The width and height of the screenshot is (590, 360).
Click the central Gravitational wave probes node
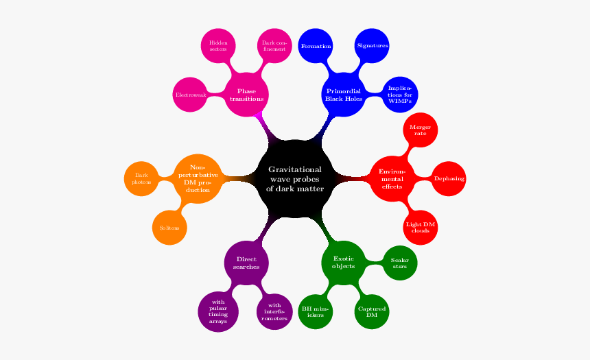(x=295, y=179)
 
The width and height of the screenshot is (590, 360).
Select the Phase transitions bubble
(x=247, y=95)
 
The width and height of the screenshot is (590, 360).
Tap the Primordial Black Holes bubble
(x=343, y=95)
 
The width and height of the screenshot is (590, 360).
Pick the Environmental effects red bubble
(x=392, y=178)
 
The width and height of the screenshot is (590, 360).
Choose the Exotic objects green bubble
(x=343, y=262)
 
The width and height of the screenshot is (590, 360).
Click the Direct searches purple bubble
(x=246, y=262)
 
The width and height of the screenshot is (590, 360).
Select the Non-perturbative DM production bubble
(x=198, y=178)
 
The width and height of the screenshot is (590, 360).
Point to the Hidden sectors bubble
(x=218, y=46)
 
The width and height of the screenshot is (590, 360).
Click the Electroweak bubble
(x=191, y=94)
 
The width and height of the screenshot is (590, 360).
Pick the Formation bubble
(x=316, y=46)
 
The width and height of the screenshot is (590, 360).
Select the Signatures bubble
(x=372, y=46)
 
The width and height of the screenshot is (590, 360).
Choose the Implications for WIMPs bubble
(x=399, y=94)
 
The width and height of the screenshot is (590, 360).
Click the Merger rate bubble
(x=419, y=130)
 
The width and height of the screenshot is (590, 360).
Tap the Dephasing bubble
(x=449, y=178)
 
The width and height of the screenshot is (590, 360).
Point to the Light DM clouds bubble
(x=420, y=227)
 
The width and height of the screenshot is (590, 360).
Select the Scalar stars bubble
(x=399, y=262)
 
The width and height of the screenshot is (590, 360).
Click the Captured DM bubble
(x=371, y=311)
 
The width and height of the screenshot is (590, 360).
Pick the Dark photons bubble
(x=142, y=178)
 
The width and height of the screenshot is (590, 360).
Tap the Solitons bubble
(x=169, y=227)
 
